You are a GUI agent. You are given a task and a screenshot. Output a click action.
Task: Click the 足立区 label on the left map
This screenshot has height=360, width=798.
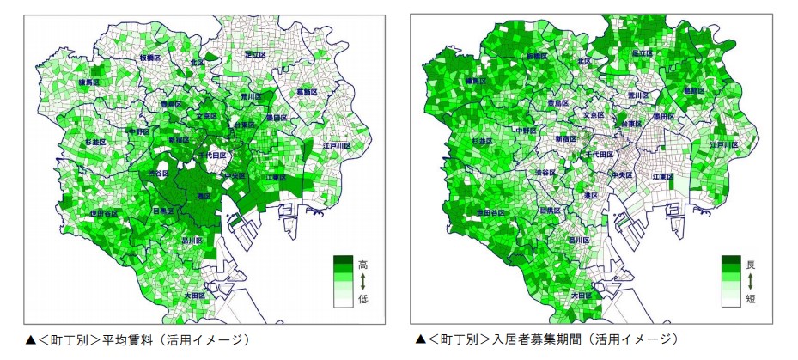click(256, 53)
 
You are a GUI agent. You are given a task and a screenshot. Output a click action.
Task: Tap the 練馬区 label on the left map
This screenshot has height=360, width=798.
click(88, 82)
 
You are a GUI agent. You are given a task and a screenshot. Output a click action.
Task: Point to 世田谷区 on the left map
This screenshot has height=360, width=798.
click(104, 212)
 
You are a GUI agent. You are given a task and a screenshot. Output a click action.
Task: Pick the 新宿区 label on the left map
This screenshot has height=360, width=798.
click(180, 138)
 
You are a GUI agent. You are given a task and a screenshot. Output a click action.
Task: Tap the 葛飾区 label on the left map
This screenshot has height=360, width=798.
click(307, 90)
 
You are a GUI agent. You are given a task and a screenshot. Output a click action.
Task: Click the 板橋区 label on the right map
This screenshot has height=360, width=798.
click(537, 55)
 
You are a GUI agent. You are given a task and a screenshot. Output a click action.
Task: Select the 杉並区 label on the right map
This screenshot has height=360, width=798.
click(484, 141)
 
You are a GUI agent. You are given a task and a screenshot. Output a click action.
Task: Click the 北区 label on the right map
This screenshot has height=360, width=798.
click(585, 62)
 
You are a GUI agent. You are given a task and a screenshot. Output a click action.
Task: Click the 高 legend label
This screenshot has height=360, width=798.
click(363, 265)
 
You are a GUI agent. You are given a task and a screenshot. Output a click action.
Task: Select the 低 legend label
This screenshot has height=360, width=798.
click(363, 298)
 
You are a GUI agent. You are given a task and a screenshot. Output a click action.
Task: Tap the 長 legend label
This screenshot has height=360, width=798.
click(750, 265)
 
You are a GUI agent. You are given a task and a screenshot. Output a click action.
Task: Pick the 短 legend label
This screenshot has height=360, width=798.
click(750, 298)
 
